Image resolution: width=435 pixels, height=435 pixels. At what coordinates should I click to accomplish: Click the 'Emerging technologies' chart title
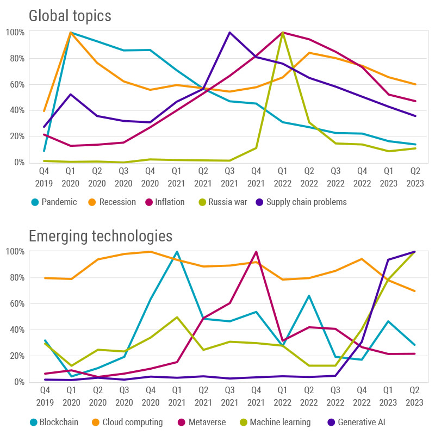pos(101,236)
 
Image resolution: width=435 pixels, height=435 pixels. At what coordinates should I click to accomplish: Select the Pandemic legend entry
pos(54,202)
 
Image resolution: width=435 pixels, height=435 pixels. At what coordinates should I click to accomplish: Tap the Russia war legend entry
pos(223,202)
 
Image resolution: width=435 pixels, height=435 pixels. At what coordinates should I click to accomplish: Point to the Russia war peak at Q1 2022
pos(283,33)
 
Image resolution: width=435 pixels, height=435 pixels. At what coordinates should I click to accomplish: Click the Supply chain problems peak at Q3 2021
pos(230,33)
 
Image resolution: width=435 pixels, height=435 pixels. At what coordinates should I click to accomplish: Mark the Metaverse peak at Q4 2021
pos(256,252)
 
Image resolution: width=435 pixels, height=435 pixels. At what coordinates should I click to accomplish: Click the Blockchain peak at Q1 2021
pos(177,252)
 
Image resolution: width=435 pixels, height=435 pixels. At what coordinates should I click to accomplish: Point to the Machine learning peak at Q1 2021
pos(177,317)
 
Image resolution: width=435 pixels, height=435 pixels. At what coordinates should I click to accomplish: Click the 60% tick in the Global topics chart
pos(15,84)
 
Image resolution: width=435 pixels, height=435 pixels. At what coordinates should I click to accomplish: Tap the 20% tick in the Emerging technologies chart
pos(15,356)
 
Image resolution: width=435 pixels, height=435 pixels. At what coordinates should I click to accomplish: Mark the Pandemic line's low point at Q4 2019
pos(44,151)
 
